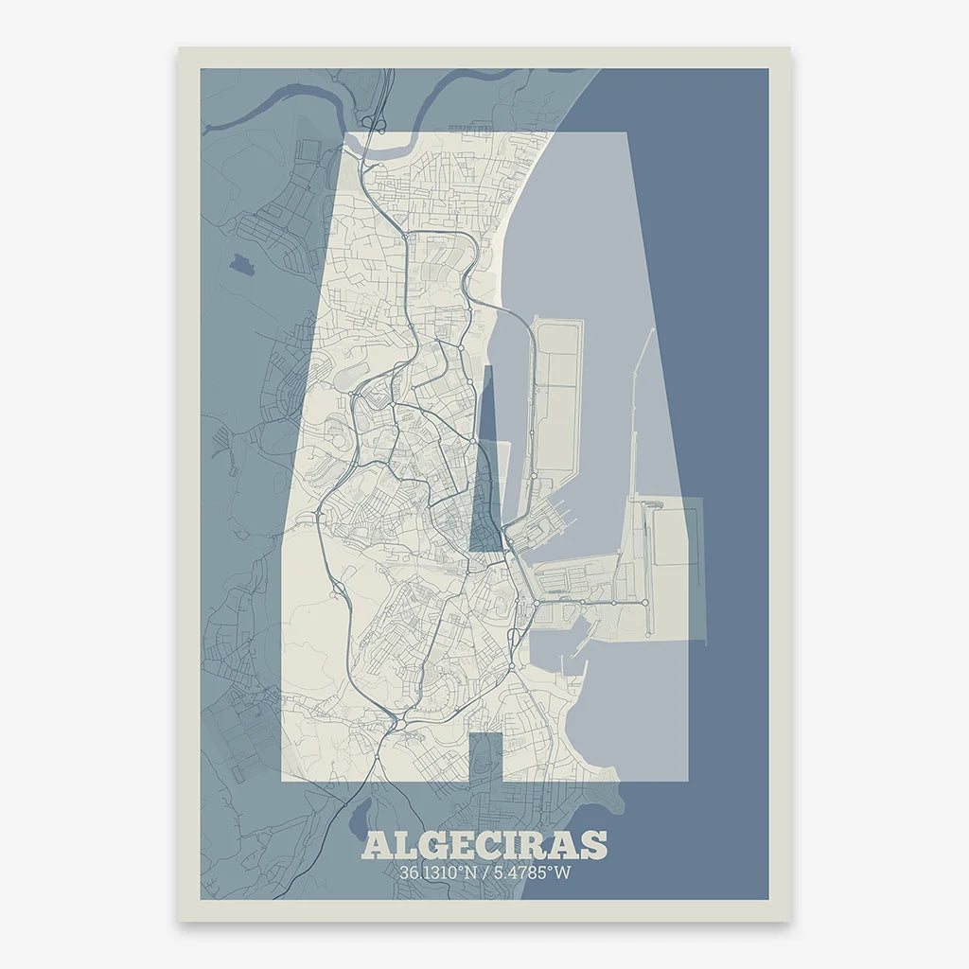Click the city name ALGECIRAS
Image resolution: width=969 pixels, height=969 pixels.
(x=484, y=845)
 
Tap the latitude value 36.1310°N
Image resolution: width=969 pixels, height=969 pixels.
(x=438, y=872)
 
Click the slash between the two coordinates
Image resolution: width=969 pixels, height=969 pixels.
(x=484, y=872)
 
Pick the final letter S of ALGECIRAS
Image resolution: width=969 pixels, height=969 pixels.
(x=594, y=845)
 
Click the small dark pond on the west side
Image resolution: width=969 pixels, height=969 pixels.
(x=241, y=262)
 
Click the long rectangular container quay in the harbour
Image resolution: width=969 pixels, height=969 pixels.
(x=555, y=397)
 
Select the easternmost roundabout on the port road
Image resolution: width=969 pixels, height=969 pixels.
(x=646, y=603)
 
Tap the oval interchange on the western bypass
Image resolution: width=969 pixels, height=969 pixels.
(x=337, y=589)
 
